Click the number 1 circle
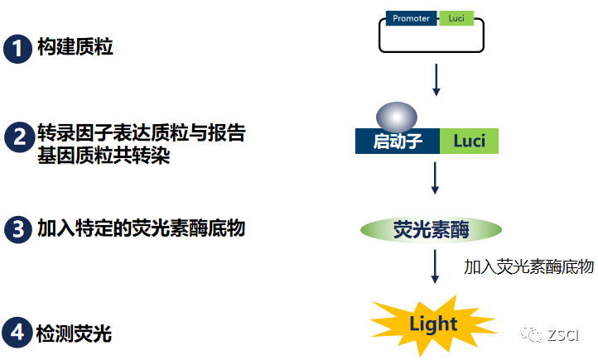(18, 48)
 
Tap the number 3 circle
(18, 229)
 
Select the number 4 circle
(18, 334)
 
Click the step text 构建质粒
(75, 47)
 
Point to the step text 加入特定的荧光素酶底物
(141, 228)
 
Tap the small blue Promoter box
(412, 18)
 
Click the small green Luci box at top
(456, 18)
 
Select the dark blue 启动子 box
(398, 141)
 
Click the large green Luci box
(470, 141)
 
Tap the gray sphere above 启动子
(397, 115)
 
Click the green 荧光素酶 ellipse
(431, 229)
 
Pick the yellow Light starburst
(432, 323)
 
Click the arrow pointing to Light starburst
(436, 269)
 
